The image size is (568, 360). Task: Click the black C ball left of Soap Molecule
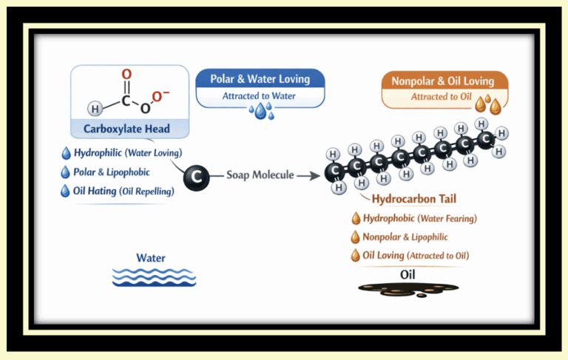click(x=196, y=176)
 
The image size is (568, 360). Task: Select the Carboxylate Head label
click(x=126, y=129)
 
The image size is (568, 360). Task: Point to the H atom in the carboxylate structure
click(x=95, y=109)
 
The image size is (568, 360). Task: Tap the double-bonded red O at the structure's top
click(x=126, y=75)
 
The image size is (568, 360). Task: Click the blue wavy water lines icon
click(x=154, y=277)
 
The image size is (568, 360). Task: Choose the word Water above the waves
click(x=151, y=258)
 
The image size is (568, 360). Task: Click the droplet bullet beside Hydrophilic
click(x=67, y=154)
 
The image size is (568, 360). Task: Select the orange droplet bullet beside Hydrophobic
click(x=356, y=219)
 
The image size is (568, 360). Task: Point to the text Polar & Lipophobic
click(x=113, y=172)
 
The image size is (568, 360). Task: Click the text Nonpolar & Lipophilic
click(x=405, y=237)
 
